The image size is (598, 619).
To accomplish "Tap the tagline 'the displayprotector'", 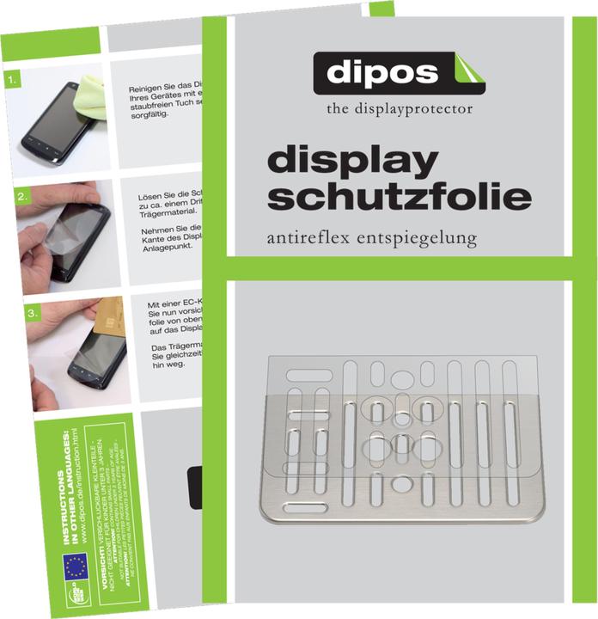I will coord(400,109).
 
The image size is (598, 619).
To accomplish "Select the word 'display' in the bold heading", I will coord(353,162).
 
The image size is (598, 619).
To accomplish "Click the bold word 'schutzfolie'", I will coord(400,197).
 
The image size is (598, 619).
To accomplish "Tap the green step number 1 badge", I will coord(11,83).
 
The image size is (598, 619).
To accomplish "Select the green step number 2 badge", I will coord(21,197).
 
